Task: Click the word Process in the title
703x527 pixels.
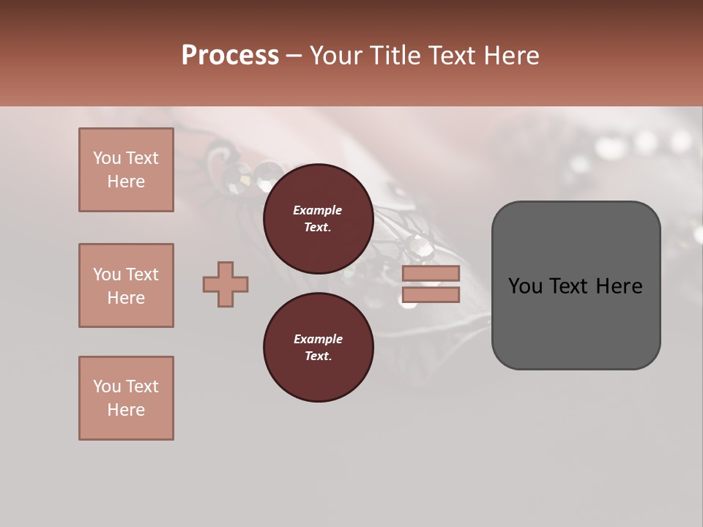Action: [230, 56]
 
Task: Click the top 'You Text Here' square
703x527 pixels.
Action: [126, 170]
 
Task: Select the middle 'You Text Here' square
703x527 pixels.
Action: [126, 285]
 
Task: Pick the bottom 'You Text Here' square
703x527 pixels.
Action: [126, 398]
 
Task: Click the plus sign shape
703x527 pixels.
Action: [226, 284]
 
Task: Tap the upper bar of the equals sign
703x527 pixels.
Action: [431, 273]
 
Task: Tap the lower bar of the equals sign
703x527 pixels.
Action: [431, 295]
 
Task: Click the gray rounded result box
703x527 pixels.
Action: [576, 322]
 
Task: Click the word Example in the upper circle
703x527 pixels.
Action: [318, 210]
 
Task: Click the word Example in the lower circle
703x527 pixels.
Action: [318, 339]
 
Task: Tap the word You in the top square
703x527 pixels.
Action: [107, 158]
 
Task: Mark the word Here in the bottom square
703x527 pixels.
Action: [126, 410]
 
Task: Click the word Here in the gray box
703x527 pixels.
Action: [620, 286]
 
